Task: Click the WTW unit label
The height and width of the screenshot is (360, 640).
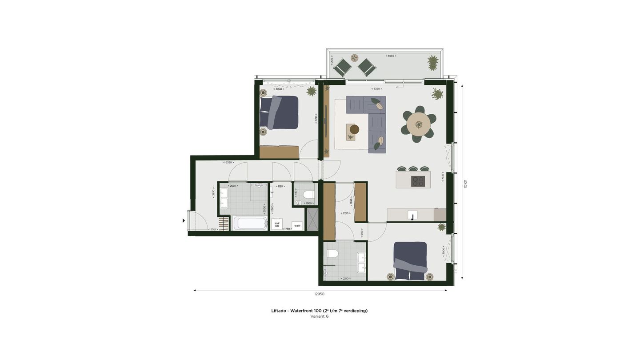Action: [297, 226]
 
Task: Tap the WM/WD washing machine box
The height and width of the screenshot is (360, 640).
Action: [277, 224]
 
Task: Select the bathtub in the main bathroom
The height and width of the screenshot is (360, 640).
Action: [250, 223]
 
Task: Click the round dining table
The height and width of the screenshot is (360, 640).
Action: [419, 124]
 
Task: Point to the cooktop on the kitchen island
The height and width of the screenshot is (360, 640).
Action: [418, 181]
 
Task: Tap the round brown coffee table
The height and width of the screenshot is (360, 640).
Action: [354, 129]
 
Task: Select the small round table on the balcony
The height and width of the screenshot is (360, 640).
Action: [355, 58]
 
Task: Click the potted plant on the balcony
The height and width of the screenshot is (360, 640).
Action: [433, 63]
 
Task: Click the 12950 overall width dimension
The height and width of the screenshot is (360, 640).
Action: [319, 294]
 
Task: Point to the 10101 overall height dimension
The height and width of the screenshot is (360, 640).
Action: [465, 184]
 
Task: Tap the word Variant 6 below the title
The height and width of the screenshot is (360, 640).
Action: [319, 316]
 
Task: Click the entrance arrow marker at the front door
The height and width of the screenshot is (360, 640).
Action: [184, 220]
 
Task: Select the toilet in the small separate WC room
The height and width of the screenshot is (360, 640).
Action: [308, 195]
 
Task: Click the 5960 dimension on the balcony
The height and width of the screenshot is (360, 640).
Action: [391, 56]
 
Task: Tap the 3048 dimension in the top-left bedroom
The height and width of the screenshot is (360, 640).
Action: [279, 89]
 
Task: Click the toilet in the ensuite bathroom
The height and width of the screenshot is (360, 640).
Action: [332, 254]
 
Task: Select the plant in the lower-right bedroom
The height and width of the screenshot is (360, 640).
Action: [441, 227]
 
